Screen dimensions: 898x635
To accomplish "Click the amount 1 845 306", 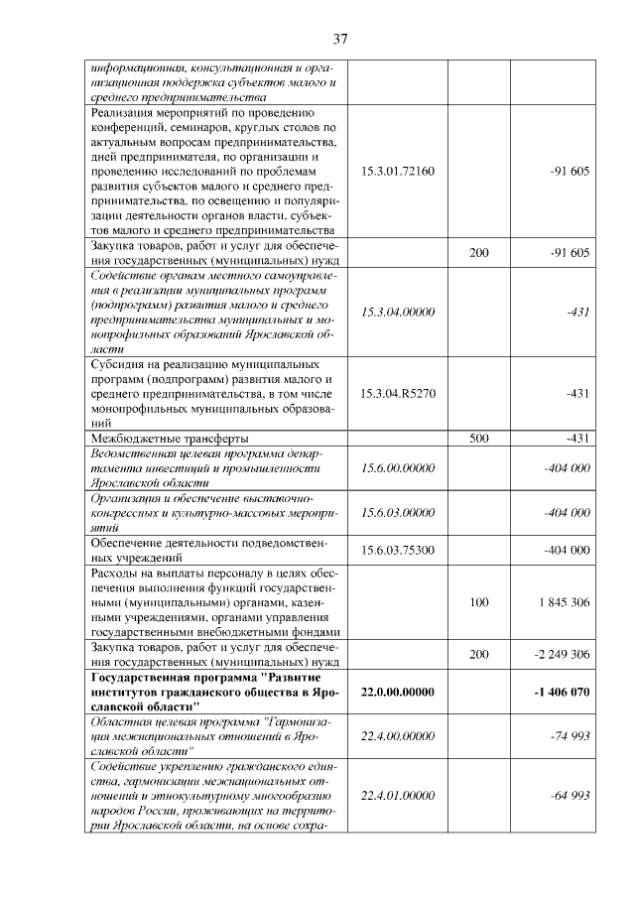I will point(565,601).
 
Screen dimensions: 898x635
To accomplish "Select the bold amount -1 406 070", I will point(561,692).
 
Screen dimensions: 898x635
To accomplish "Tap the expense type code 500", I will point(478,438).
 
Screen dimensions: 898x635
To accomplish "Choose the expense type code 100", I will point(478,601).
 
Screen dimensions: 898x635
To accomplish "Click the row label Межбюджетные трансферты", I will point(169,438).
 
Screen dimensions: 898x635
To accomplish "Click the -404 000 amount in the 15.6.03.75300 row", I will point(568,550).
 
